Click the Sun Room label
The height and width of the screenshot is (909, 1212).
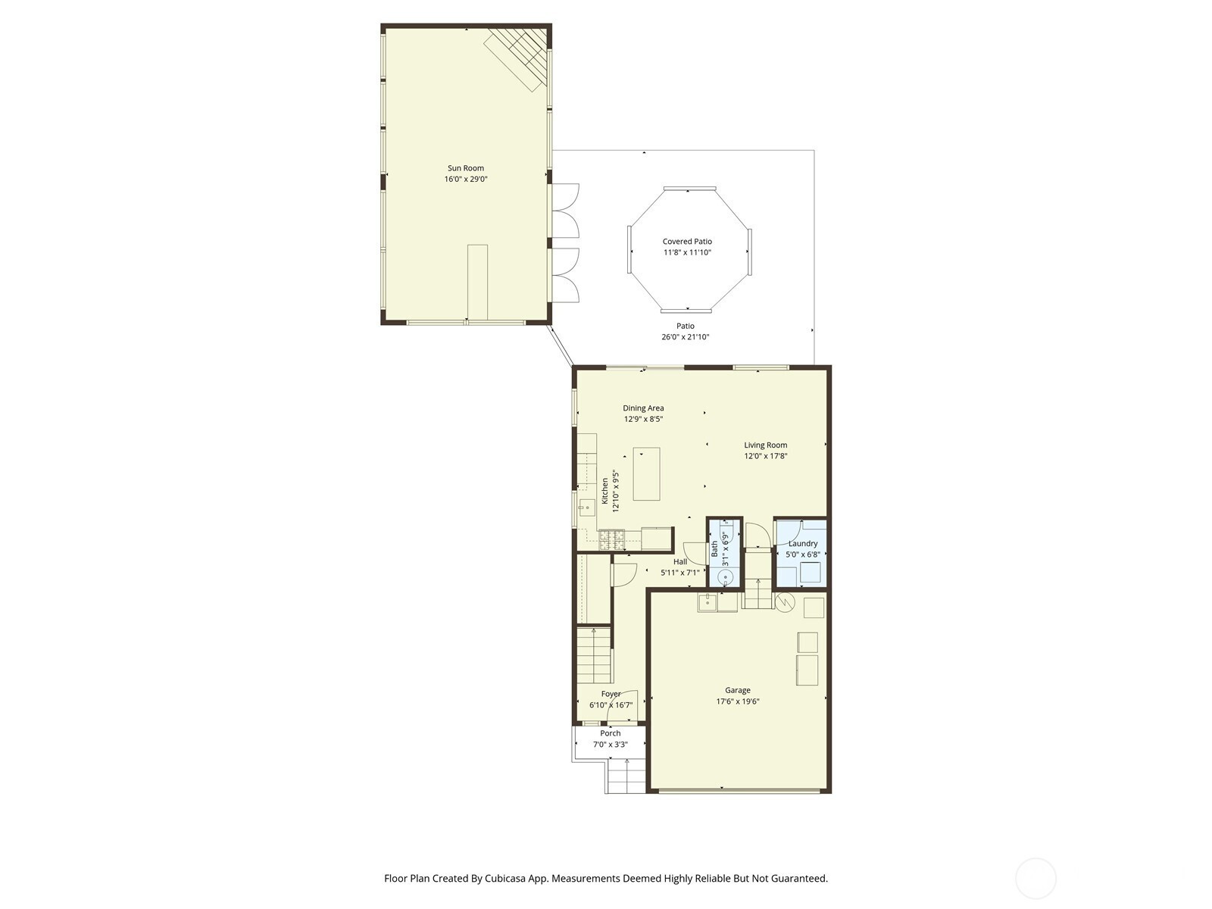pyautogui.click(x=465, y=168)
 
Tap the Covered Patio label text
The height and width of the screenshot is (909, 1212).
pyautogui.click(x=687, y=241)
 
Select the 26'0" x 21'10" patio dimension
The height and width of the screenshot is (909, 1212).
pyautogui.click(x=686, y=336)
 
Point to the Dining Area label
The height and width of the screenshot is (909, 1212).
pyautogui.click(x=643, y=408)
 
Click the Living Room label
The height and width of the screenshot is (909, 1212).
pyautogui.click(x=765, y=445)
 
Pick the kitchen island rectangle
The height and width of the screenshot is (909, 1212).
pyautogui.click(x=646, y=474)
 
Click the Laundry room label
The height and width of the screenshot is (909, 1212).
pyautogui.click(x=803, y=544)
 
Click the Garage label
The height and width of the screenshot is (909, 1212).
pyautogui.click(x=738, y=690)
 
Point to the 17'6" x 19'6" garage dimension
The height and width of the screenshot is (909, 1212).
pyautogui.click(x=738, y=701)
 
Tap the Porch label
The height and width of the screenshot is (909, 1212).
pyautogui.click(x=610, y=733)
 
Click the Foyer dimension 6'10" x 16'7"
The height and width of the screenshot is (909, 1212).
pyautogui.click(x=611, y=704)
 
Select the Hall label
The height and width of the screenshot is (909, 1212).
pyautogui.click(x=680, y=561)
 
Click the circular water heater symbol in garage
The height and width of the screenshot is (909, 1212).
pyautogui.click(x=784, y=602)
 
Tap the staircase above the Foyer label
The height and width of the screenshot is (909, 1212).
pyautogui.click(x=594, y=655)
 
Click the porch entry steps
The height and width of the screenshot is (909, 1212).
pyautogui.click(x=626, y=776)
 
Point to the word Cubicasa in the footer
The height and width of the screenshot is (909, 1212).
pyautogui.click(x=506, y=879)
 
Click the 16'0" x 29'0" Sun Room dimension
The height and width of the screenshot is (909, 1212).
pyautogui.click(x=466, y=180)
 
